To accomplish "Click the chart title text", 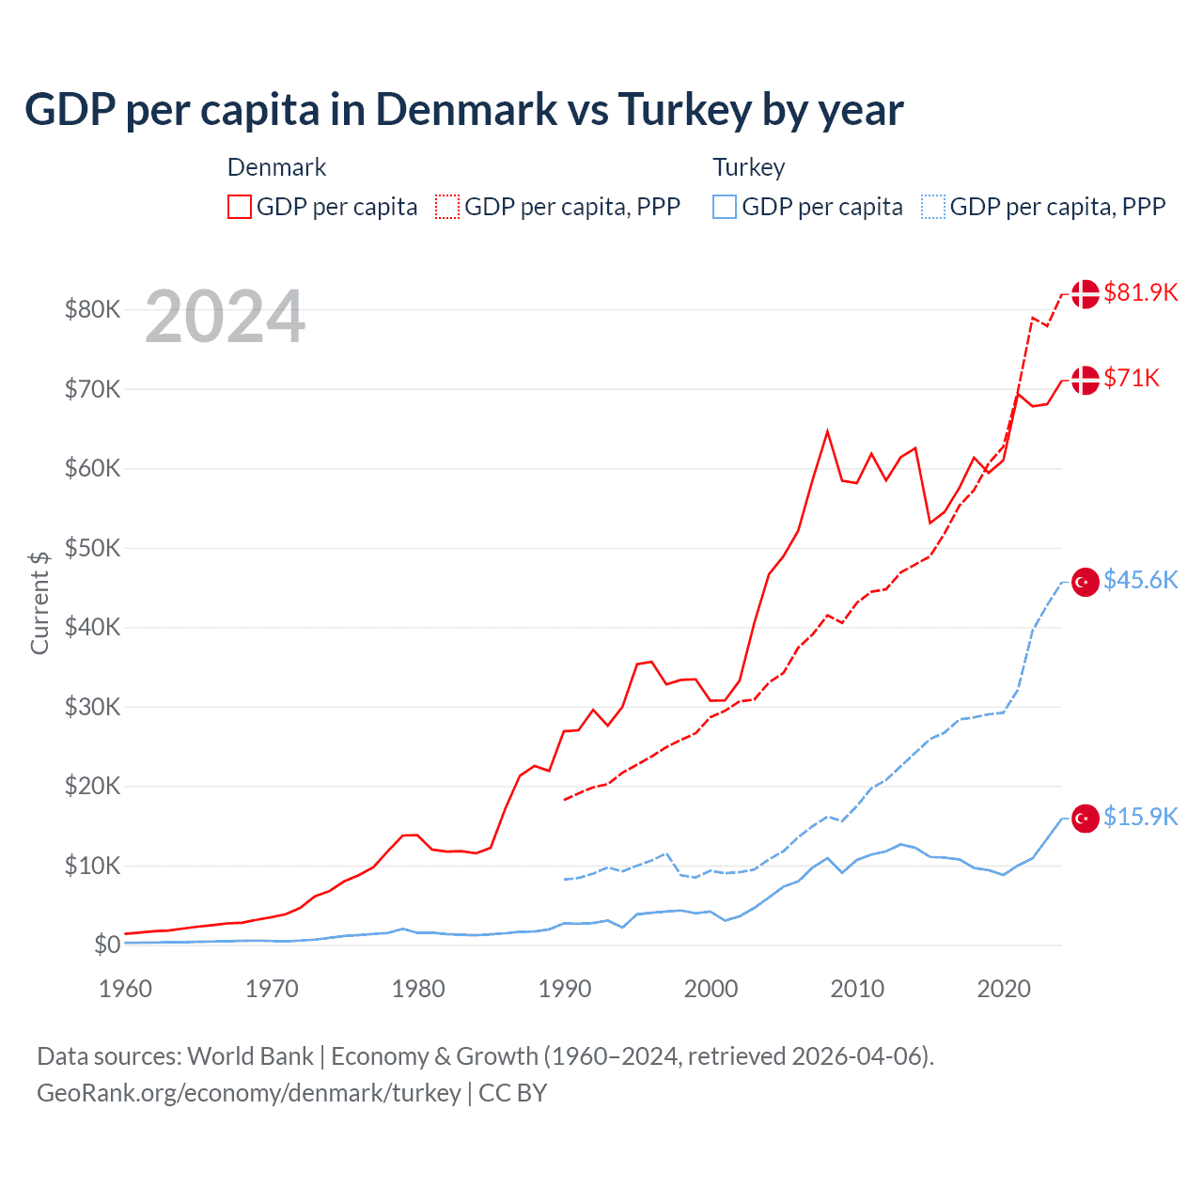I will pyautogui.click(x=463, y=109).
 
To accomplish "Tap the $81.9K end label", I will pyautogui.click(x=1140, y=292).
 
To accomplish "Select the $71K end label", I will pyautogui.click(x=1132, y=378).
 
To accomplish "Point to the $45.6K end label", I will pyautogui.click(x=1140, y=580).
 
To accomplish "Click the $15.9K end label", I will pyautogui.click(x=1140, y=817).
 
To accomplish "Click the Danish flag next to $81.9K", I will pyautogui.click(x=1086, y=293).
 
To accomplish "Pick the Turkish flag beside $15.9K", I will pyautogui.click(x=1086, y=819).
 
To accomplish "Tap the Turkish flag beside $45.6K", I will pyautogui.click(x=1086, y=582).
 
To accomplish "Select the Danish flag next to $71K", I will pyautogui.click(x=1086, y=380).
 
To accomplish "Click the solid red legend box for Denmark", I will pyautogui.click(x=240, y=207).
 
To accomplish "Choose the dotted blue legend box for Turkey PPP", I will pyautogui.click(x=933, y=207).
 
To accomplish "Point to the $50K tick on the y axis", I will pyautogui.click(x=92, y=548).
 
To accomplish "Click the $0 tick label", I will pyautogui.click(x=107, y=945).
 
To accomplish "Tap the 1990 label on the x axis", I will pyautogui.click(x=565, y=989).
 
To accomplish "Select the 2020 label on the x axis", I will pyautogui.click(x=1004, y=989).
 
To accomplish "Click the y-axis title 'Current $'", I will pyautogui.click(x=39, y=602).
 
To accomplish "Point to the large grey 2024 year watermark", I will pyautogui.click(x=225, y=317).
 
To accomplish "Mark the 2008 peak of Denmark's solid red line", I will pyautogui.click(x=827, y=431).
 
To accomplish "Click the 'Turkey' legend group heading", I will pyautogui.click(x=748, y=167).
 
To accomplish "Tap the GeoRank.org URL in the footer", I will pyautogui.click(x=248, y=1093).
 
